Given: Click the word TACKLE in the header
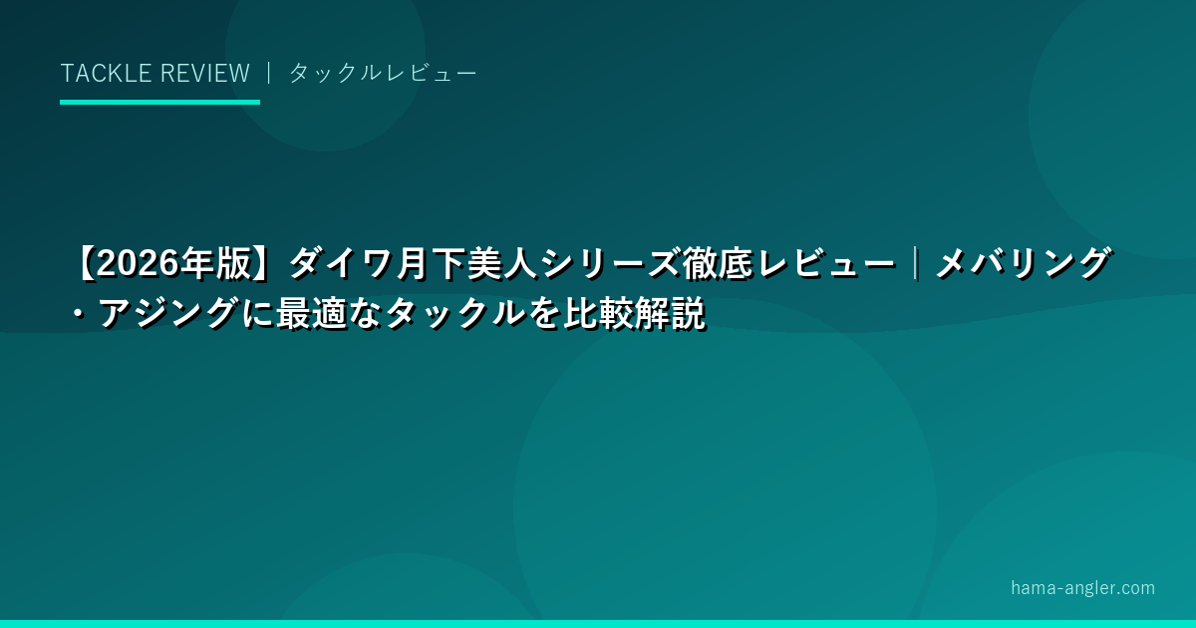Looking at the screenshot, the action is (106, 73).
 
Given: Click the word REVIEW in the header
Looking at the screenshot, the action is (205, 73).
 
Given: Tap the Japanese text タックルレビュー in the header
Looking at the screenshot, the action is (383, 73).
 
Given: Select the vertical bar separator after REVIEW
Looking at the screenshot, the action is (269, 73).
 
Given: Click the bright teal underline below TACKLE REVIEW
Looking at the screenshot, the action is (159, 102).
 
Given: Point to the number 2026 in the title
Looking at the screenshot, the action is (139, 263).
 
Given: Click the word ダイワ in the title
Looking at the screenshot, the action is (341, 263).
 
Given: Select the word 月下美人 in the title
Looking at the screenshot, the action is (467, 263).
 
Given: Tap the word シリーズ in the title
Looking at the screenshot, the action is (610, 263).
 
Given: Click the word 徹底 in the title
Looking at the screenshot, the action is (717, 263).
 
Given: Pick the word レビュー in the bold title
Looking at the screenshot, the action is (826, 263).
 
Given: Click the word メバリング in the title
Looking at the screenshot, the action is (1024, 263).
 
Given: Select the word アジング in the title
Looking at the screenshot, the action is (168, 313).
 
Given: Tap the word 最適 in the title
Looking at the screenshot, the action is (311, 313).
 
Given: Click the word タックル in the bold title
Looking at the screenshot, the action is (456, 313).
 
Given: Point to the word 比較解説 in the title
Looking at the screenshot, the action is (635, 313).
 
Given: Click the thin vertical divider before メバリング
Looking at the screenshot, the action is (916, 263).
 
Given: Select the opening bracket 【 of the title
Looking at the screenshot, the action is (86, 263).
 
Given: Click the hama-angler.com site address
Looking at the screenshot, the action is (1082, 588).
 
